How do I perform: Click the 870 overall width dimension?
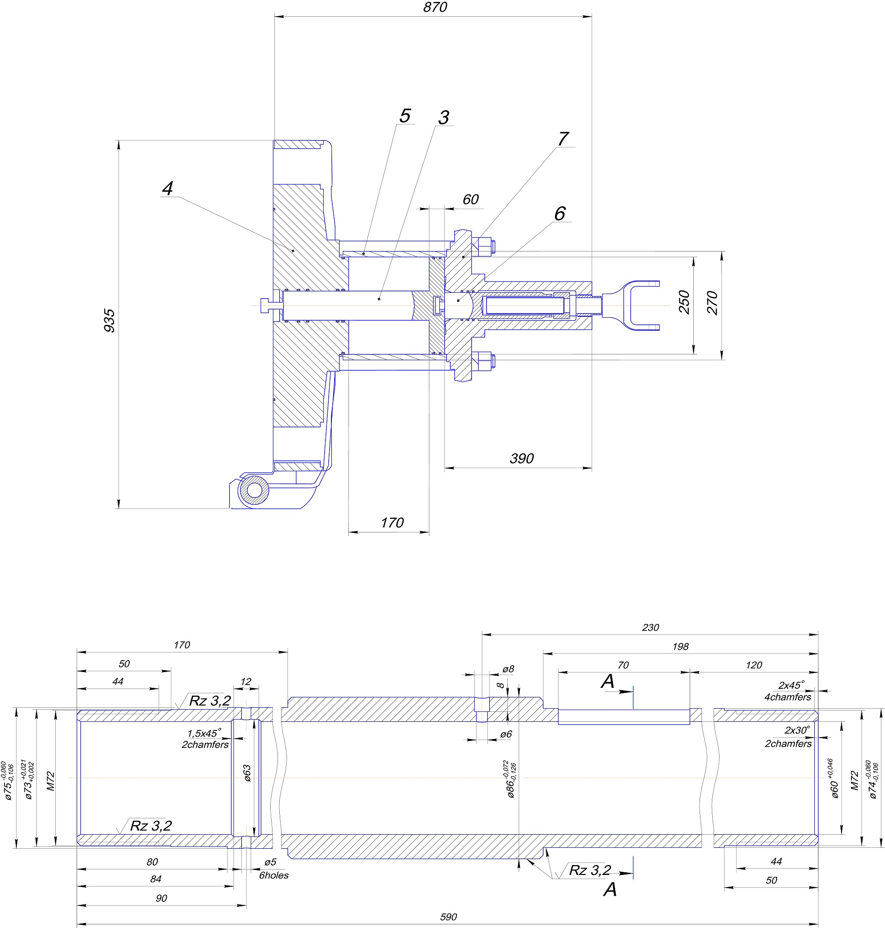[435, 8]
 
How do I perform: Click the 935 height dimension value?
[109, 321]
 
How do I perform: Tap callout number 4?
[167, 188]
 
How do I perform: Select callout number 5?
[405, 116]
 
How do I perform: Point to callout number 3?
[443, 118]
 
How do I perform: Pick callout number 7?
[563, 139]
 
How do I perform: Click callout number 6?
[559, 213]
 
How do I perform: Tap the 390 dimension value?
[522, 459]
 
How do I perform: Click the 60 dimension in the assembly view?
[470, 199]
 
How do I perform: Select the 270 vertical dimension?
[712, 303]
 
